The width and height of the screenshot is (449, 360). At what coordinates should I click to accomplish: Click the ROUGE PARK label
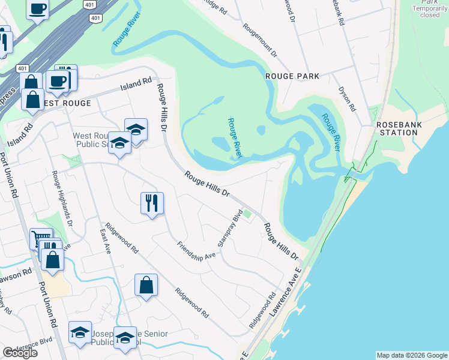pyautogui.click(x=293, y=76)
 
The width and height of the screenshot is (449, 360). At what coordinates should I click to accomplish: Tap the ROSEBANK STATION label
pyautogui.click(x=397, y=128)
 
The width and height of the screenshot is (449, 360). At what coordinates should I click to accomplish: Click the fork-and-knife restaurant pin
pyautogui.click(x=152, y=203)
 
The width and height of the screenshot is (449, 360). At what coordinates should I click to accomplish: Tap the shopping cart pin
pyautogui.click(x=41, y=239)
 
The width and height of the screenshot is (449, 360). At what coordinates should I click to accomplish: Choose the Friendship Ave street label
pyautogui.click(x=196, y=250)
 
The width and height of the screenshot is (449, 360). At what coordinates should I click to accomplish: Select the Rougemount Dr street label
pyautogui.click(x=260, y=41)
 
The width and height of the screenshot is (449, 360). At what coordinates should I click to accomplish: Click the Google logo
pyautogui.click(x=20, y=353)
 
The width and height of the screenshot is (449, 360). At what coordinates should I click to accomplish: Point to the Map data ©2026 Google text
pyautogui.click(x=412, y=355)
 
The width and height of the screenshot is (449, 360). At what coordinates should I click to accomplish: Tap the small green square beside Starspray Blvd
pyautogui.click(x=247, y=215)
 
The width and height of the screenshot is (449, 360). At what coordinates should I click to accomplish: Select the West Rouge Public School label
pyautogui.click(x=90, y=140)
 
